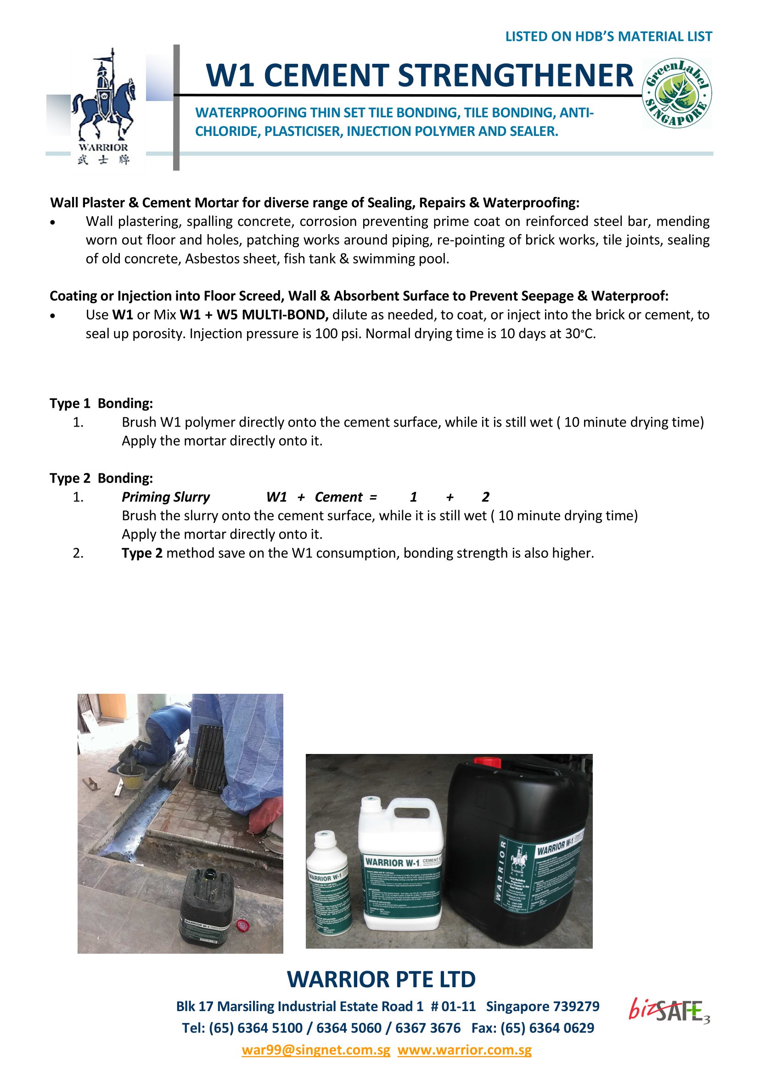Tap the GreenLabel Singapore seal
pyautogui.click(x=677, y=93)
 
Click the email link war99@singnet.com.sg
pyautogui.click(x=315, y=1050)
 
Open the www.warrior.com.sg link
pyautogui.click(x=464, y=1050)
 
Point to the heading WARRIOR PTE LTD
pyautogui.click(x=381, y=979)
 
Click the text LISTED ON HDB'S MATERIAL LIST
pyautogui.click(x=608, y=36)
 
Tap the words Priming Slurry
pyautogui.click(x=166, y=497)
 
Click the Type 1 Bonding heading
pyautogui.click(x=101, y=403)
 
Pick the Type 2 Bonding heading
pyautogui.click(x=101, y=478)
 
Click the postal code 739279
pyautogui.click(x=576, y=1006)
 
